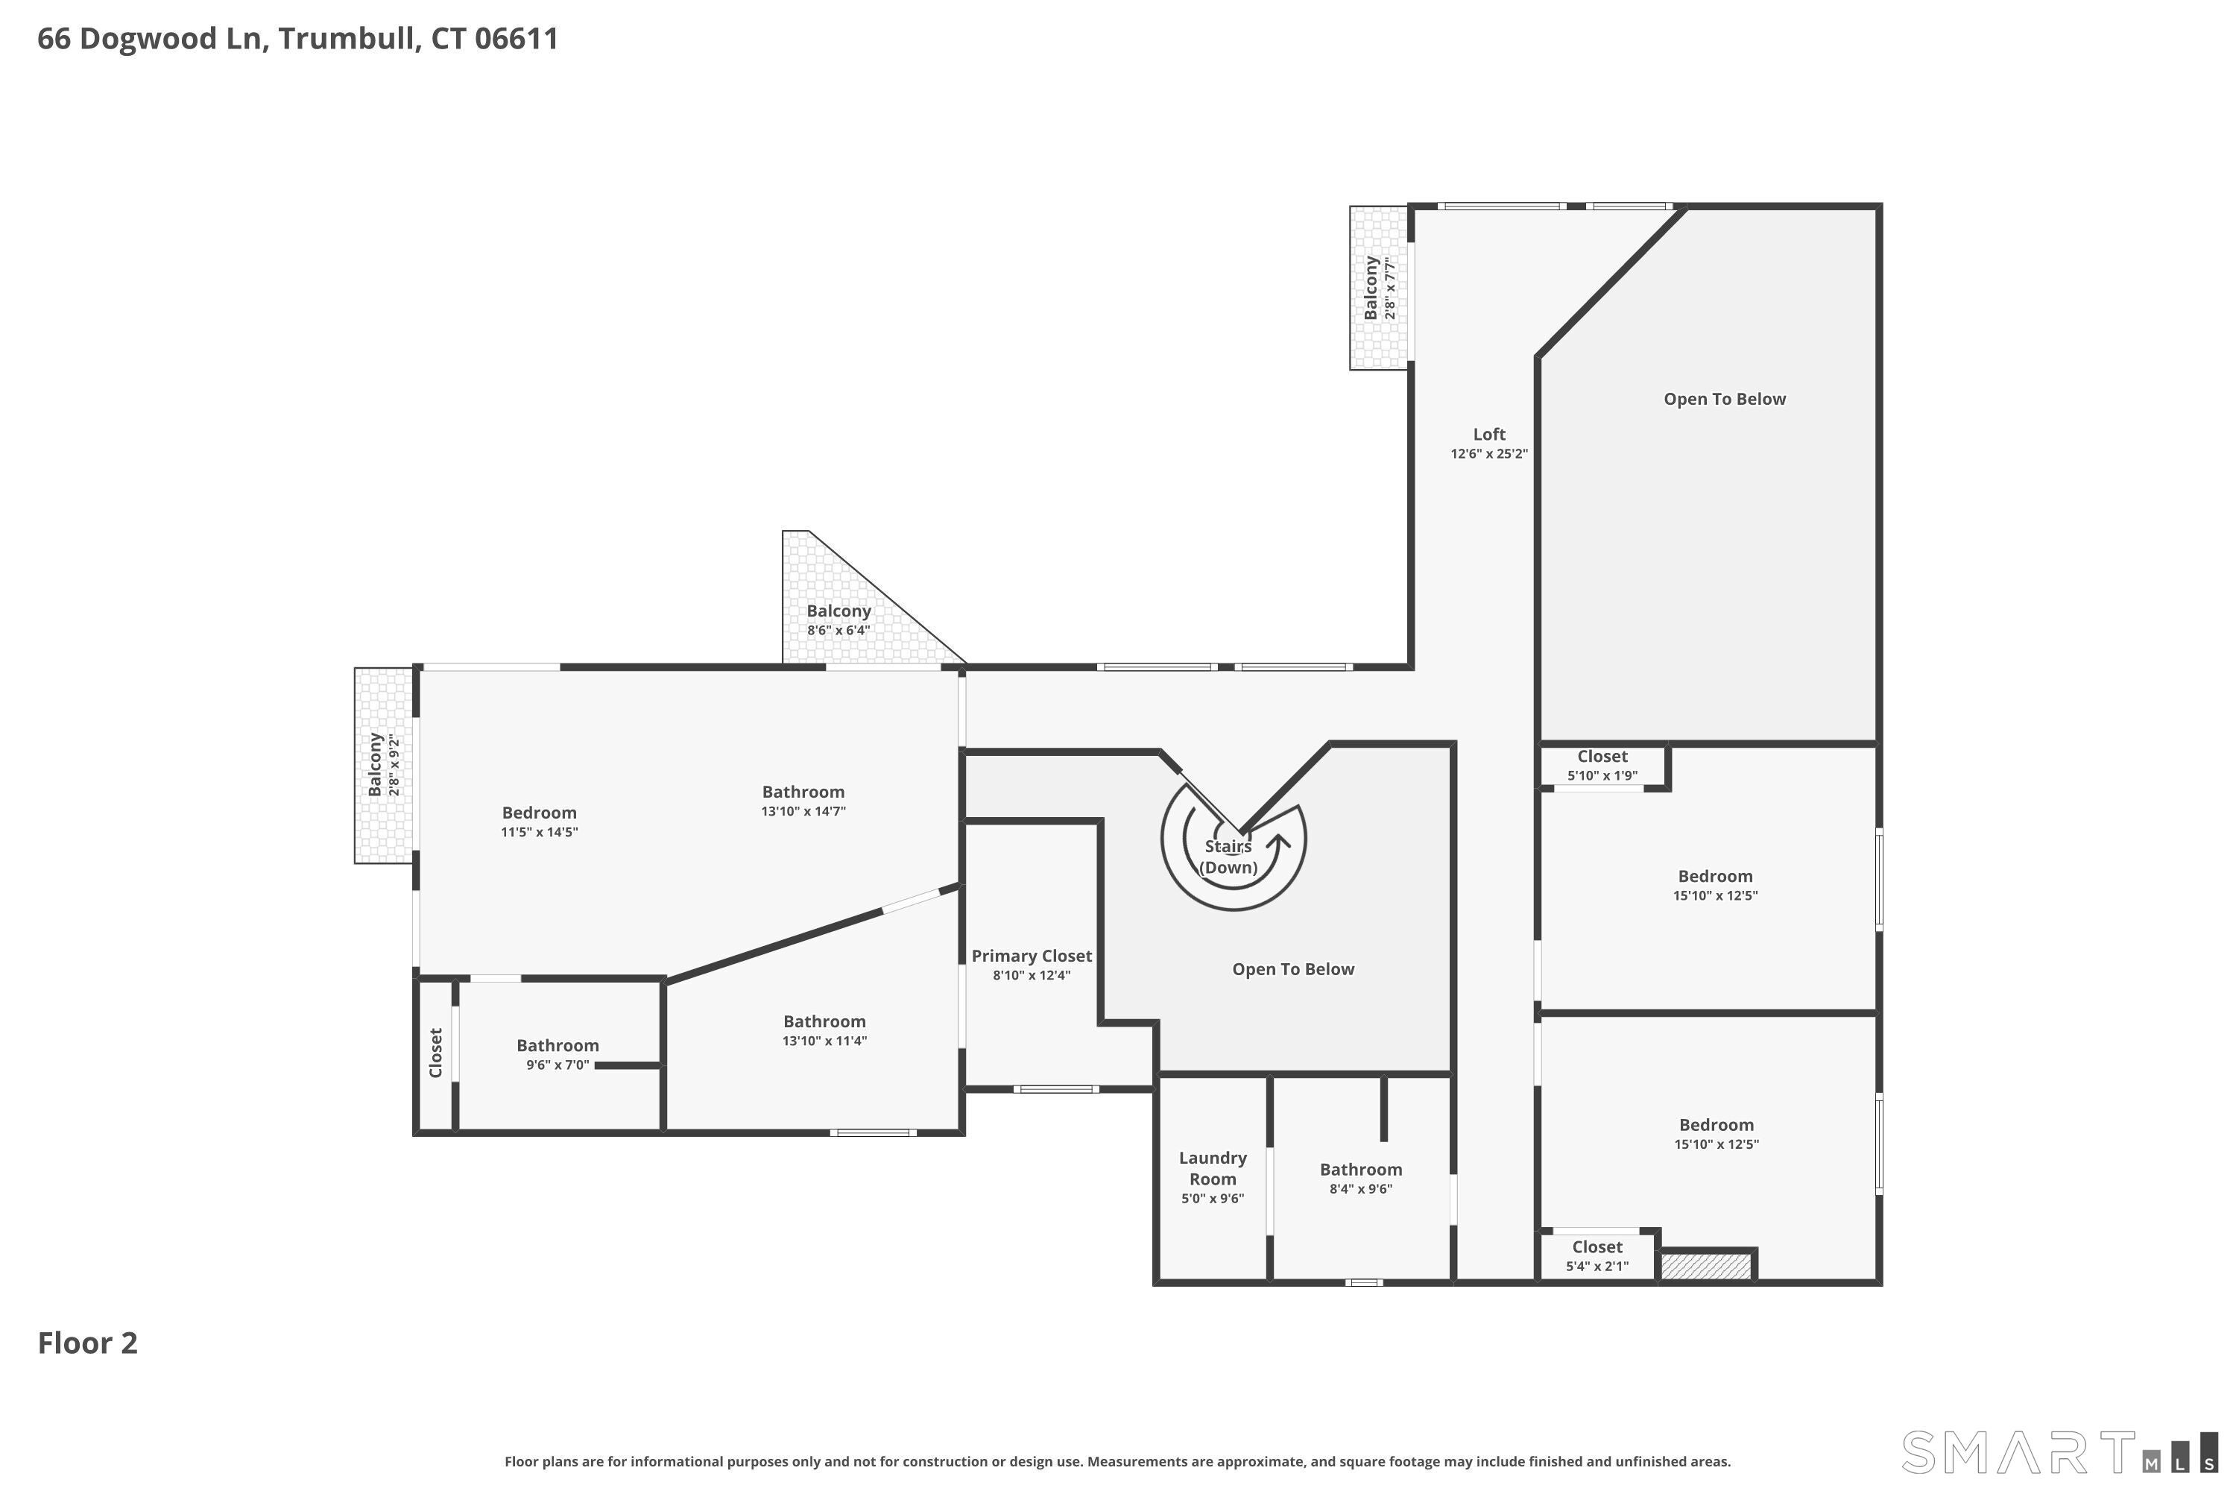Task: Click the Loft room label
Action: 1488,435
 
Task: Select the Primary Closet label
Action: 1032,956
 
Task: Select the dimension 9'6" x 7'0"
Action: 558,1065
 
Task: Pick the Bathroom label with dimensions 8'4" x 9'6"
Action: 1360,1170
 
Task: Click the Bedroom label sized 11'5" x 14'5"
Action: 539,813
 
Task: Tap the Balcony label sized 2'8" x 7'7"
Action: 1371,288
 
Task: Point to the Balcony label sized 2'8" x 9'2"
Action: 376,765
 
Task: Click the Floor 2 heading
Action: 87,1343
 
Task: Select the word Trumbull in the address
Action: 349,39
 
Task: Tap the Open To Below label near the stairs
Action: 1293,969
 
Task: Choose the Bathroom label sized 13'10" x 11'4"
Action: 824,1021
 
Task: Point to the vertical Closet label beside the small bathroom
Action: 435,1053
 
